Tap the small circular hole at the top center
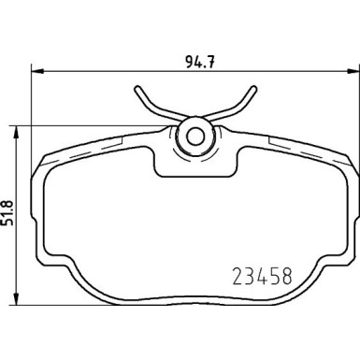[196, 136]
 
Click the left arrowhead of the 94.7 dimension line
[39, 70]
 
